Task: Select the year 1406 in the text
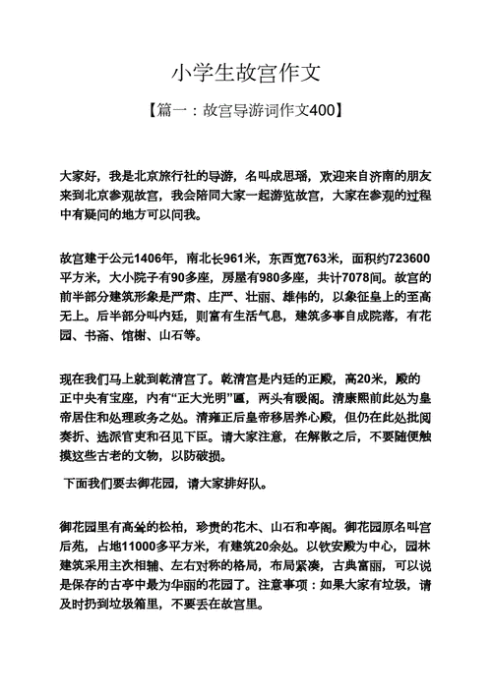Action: (154, 259)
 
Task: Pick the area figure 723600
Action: (404, 259)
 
